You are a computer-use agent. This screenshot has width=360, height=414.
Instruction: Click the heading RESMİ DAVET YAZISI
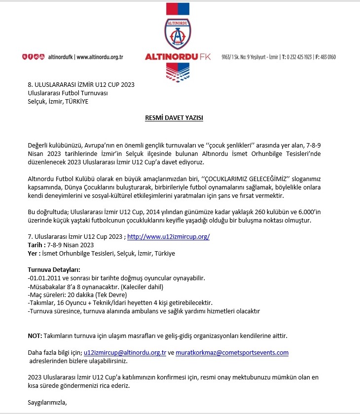coord(174,118)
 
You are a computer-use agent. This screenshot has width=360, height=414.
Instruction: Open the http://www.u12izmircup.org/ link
coord(168,237)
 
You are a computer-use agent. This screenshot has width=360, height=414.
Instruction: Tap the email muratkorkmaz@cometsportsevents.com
coord(232,353)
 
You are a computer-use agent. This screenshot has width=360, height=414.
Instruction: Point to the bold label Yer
coord(33,254)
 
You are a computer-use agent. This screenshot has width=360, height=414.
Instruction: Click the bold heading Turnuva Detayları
coord(54,270)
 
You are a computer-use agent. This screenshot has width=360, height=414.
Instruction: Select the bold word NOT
coord(35,336)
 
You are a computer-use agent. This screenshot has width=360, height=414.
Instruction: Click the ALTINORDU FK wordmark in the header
coord(178,57)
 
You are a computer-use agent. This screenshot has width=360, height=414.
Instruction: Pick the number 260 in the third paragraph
coord(260,212)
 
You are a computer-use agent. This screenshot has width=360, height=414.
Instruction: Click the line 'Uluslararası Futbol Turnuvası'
coord(68,93)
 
